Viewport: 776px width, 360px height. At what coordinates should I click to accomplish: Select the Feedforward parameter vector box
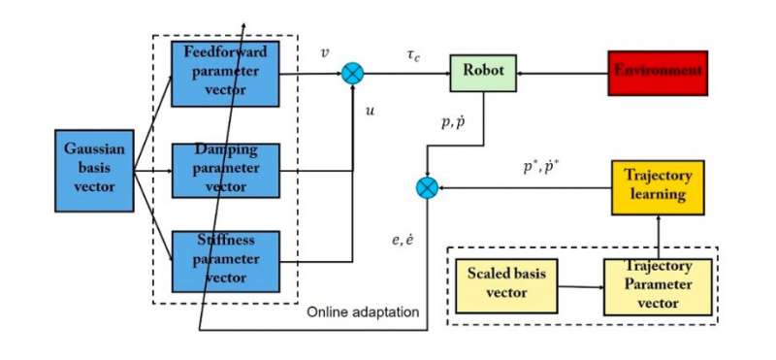pos(225,73)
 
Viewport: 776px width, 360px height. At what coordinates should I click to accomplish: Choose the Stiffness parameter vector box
pos(225,260)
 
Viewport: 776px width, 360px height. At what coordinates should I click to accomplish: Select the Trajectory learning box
pos(655,187)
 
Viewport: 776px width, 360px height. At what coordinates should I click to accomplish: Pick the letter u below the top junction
pos(370,111)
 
